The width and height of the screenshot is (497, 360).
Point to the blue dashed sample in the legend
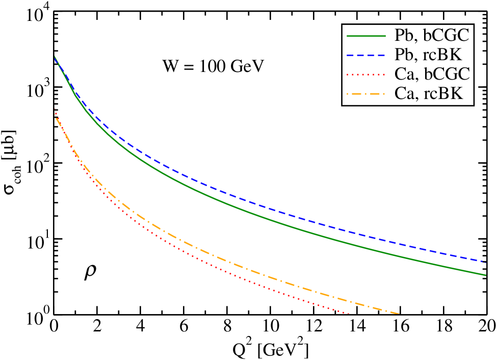point(366,55)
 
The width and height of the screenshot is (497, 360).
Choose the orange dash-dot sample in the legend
point(366,94)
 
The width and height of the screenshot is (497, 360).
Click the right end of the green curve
point(485,275)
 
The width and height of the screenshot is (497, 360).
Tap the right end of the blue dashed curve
point(485,262)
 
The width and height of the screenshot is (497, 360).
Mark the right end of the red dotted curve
point(349,313)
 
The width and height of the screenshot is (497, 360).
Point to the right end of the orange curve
point(399,313)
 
